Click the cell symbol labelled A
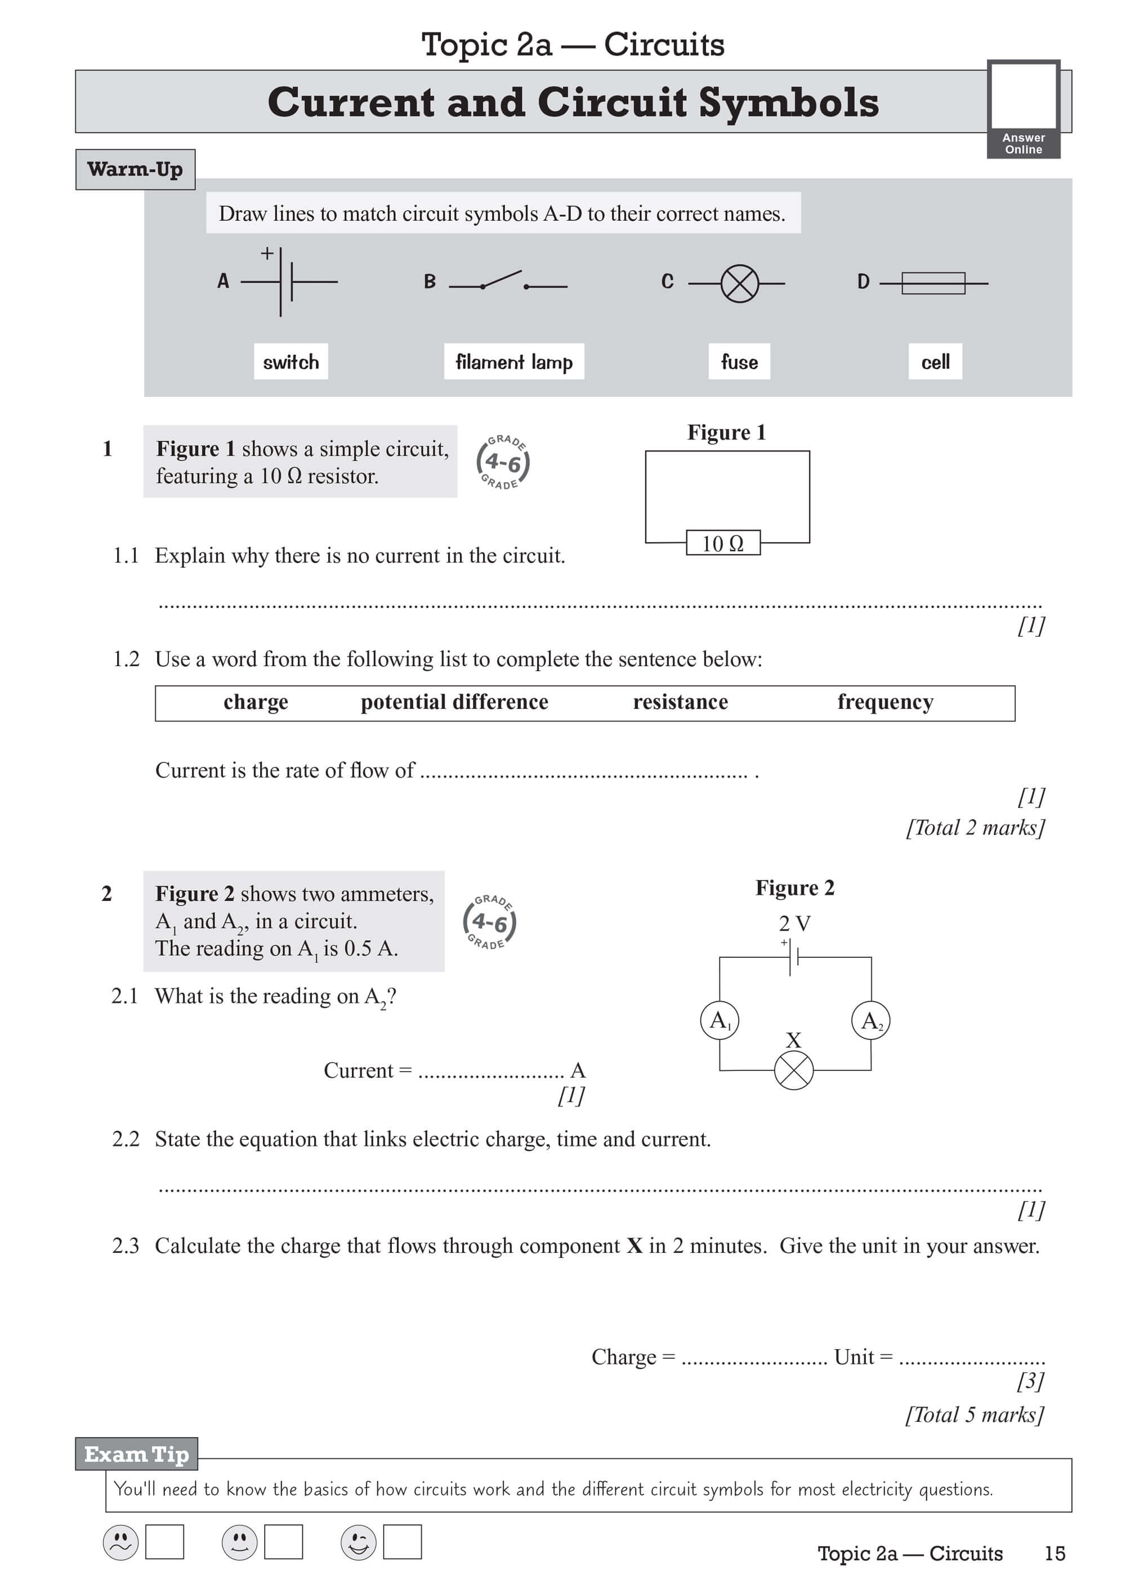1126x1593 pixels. [x=286, y=282]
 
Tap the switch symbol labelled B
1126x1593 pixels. [x=507, y=282]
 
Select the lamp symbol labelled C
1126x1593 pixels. [x=740, y=283]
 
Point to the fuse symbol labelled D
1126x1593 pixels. [x=933, y=283]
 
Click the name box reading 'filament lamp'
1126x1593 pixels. [x=514, y=362]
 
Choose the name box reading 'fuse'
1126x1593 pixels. [x=739, y=362]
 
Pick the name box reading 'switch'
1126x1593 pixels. [x=291, y=362]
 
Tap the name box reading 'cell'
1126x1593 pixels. [x=935, y=362]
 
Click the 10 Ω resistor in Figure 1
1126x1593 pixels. [x=723, y=543]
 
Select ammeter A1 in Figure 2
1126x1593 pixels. [x=720, y=1020]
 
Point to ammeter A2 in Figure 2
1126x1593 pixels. [x=871, y=1020]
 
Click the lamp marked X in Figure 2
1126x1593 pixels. [x=794, y=1070]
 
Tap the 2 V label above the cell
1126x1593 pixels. [x=794, y=923]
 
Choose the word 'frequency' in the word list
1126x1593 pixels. [x=885, y=702]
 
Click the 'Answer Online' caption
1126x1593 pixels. [x=1024, y=144]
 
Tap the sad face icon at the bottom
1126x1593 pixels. [x=120, y=1542]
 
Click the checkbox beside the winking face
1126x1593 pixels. [x=403, y=1542]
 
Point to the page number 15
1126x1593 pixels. [x=1054, y=1554]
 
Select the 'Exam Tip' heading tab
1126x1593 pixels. [x=137, y=1453]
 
